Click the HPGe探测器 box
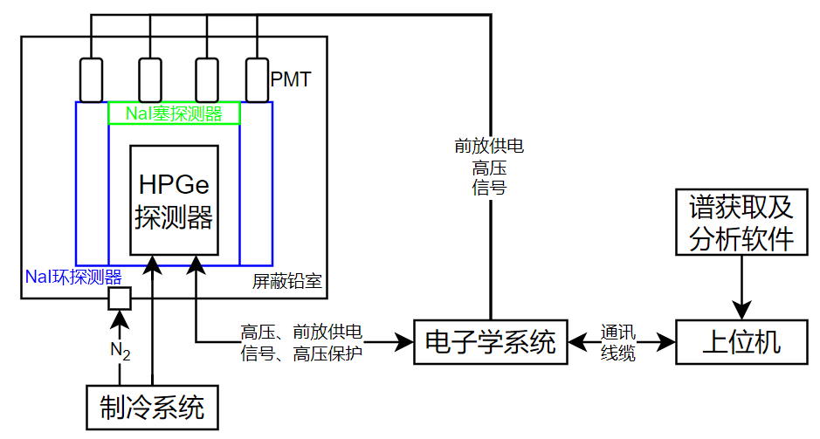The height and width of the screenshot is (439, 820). click(x=174, y=200)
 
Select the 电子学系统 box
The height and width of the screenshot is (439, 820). click(x=489, y=342)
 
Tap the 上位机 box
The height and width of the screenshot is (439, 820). click(x=741, y=342)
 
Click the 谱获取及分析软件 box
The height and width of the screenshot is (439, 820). click(x=741, y=223)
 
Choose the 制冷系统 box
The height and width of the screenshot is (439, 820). click(x=152, y=407)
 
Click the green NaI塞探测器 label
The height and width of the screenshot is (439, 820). click(x=174, y=113)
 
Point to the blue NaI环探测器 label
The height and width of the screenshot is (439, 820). click(x=73, y=278)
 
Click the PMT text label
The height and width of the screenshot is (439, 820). click(x=291, y=80)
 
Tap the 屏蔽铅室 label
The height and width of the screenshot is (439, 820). click(x=286, y=282)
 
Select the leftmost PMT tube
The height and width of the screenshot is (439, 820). click(x=92, y=79)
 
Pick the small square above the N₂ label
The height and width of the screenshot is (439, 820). click(x=119, y=298)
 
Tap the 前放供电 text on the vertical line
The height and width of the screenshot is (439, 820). click(x=489, y=145)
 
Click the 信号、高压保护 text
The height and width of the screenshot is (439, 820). click(x=301, y=353)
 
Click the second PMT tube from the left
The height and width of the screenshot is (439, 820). click(x=150, y=79)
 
